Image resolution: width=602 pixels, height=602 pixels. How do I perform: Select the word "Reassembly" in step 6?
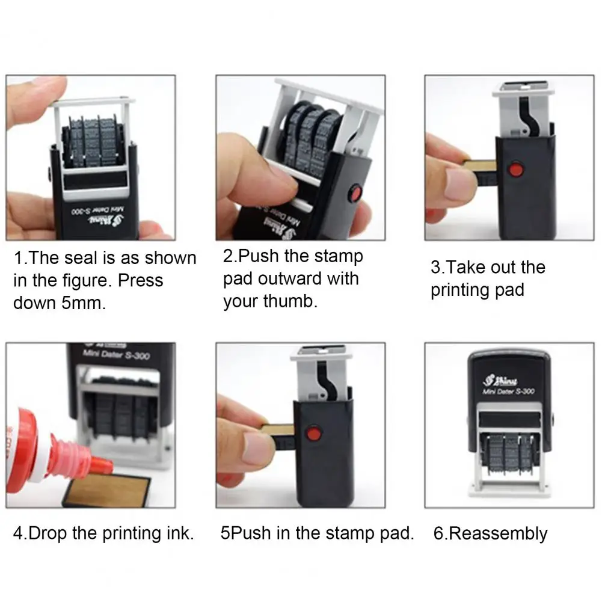[499, 533]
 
